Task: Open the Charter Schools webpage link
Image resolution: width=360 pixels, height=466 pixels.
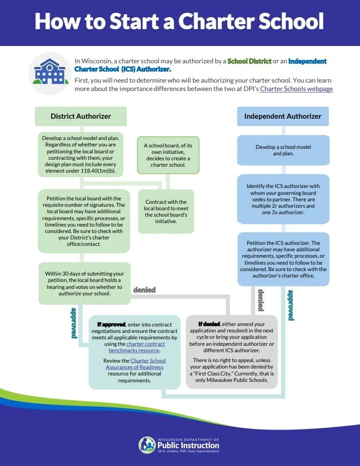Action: (x=296, y=89)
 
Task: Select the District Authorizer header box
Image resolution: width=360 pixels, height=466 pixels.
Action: (x=81, y=117)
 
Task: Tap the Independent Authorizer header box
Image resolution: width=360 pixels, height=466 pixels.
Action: (x=283, y=117)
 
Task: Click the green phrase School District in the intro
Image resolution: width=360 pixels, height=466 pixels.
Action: (x=249, y=61)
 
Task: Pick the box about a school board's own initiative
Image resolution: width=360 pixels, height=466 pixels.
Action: (x=168, y=155)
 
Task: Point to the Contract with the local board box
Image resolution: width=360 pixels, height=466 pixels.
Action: (x=166, y=212)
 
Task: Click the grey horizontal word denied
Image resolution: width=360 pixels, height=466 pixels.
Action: (x=144, y=290)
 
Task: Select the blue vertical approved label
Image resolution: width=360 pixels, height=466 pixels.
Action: (x=291, y=305)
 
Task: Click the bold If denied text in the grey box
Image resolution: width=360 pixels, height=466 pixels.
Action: (x=209, y=324)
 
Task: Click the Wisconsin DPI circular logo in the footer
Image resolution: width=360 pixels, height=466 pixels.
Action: (x=147, y=445)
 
